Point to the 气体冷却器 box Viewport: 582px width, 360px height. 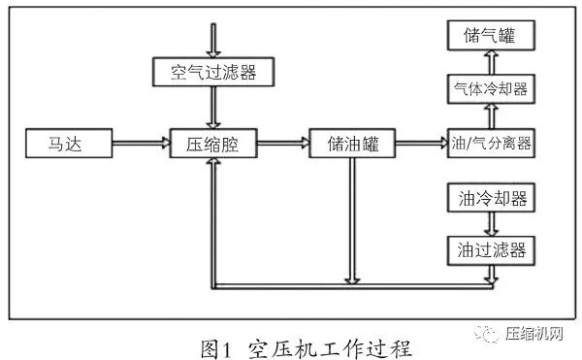point(491,89)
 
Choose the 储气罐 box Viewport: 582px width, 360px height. point(491,37)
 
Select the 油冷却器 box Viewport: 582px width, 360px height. point(491,198)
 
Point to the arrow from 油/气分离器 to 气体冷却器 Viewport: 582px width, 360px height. point(491,117)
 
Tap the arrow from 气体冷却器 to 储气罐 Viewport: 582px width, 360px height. point(491,63)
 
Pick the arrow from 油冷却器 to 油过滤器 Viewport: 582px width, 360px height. point(491,223)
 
